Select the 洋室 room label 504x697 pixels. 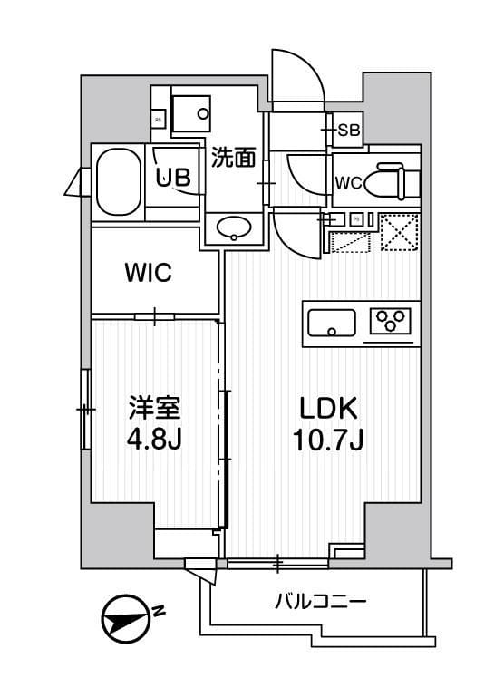[151, 407]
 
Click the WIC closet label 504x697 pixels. [148, 273]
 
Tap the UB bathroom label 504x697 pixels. [172, 178]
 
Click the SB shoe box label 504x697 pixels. [349, 131]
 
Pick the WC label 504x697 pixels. [349, 182]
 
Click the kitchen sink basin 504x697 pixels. [332, 322]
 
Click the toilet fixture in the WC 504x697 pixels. [396, 179]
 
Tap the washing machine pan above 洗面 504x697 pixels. [192, 113]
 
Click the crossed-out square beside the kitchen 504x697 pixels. [399, 230]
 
